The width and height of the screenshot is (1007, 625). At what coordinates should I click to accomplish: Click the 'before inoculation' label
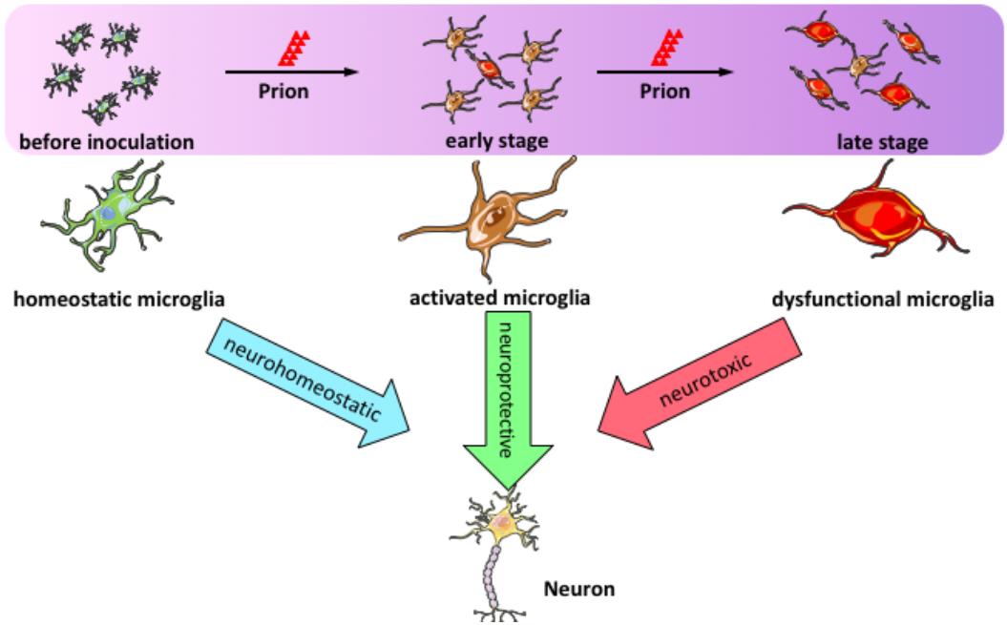(x=106, y=142)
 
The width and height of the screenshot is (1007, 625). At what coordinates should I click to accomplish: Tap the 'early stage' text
(x=496, y=142)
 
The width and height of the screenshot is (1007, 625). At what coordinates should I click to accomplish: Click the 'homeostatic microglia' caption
(x=119, y=300)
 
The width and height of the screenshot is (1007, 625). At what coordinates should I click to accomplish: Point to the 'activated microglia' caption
(x=499, y=299)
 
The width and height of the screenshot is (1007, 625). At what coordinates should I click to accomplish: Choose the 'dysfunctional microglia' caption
(x=883, y=300)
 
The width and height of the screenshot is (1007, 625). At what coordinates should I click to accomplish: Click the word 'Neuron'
(x=579, y=589)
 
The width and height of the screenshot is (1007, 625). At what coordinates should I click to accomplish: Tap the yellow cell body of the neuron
(x=504, y=524)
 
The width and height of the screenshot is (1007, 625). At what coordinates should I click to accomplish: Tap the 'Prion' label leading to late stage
(x=664, y=92)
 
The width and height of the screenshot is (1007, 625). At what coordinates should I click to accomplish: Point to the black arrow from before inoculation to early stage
(x=291, y=72)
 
